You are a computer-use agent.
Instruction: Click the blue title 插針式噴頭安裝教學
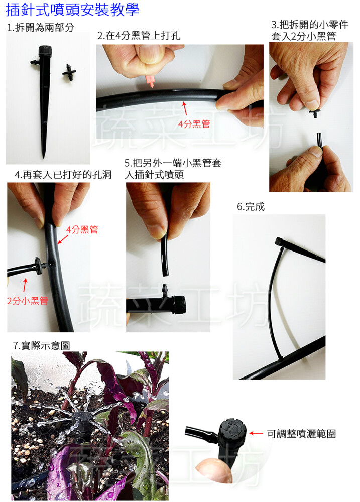click(x=72, y=10)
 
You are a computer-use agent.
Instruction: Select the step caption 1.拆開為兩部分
click(x=41, y=27)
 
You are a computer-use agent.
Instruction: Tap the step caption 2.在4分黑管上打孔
click(x=139, y=36)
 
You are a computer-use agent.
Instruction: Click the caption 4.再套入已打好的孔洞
click(x=63, y=175)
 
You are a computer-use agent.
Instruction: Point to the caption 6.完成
click(x=251, y=207)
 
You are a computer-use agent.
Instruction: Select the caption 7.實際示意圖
click(x=41, y=346)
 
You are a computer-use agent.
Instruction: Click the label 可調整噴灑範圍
click(x=301, y=434)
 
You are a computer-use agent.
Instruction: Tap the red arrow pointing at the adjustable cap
click(x=256, y=434)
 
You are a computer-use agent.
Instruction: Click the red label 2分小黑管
click(x=28, y=301)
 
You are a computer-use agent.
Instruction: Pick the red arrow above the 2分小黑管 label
click(x=25, y=285)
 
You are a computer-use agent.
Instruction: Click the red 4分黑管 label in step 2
click(x=194, y=124)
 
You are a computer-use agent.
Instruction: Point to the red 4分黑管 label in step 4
click(x=82, y=229)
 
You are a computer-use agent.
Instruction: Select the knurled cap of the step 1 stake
click(x=45, y=51)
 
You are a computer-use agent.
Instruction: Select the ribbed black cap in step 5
click(x=179, y=305)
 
